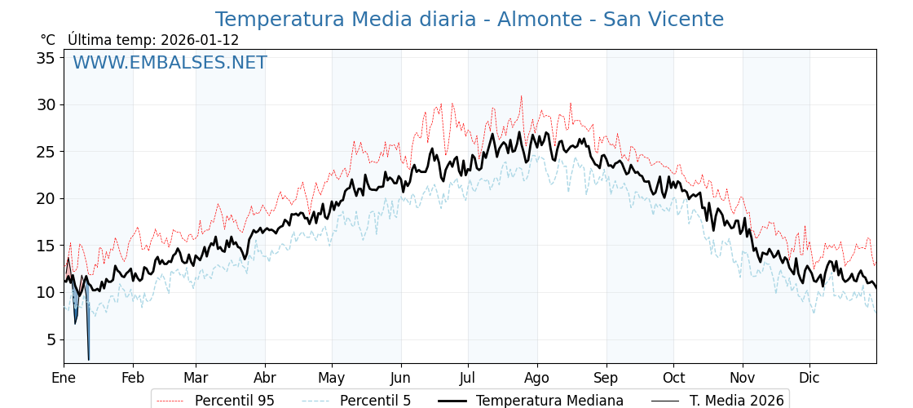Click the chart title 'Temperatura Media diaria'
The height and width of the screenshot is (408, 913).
(x=469, y=20)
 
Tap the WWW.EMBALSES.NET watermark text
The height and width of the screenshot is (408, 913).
(x=170, y=63)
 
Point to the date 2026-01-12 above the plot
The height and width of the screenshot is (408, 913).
(x=200, y=40)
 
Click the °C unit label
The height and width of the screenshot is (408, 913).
(x=48, y=40)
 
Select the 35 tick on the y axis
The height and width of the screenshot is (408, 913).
(x=46, y=58)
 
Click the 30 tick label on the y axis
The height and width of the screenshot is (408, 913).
(x=46, y=104)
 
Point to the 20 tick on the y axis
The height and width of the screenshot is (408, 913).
(x=46, y=198)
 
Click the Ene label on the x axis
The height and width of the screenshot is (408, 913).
(x=64, y=379)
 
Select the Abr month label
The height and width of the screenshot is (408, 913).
(x=265, y=379)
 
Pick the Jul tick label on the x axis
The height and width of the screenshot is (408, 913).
(x=468, y=379)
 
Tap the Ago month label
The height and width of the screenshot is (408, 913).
(x=537, y=379)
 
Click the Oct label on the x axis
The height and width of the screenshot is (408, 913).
(x=673, y=379)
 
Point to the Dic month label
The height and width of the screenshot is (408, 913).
(x=809, y=379)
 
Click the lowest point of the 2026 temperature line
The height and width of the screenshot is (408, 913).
(x=89, y=359)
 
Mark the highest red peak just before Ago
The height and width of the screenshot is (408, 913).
(x=522, y=96)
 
